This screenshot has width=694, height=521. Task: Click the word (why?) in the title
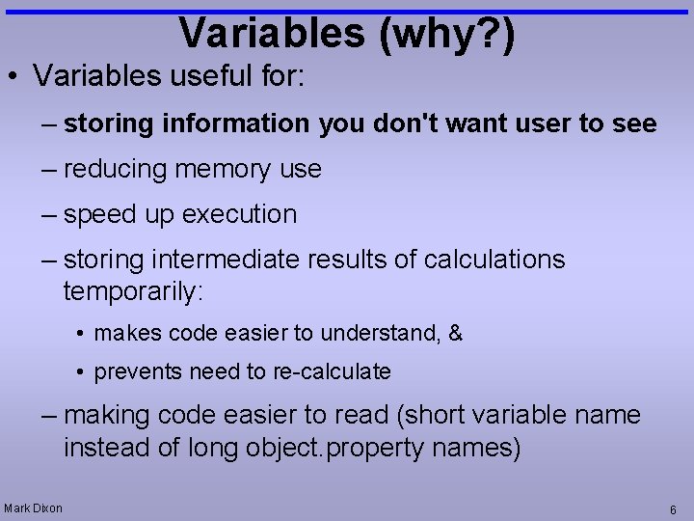(447, 33)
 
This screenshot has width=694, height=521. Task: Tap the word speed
(99, 214)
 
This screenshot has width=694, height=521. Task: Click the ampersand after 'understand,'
(456, 334)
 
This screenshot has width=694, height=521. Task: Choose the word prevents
(132, 371)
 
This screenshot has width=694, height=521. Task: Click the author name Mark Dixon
(33, 507)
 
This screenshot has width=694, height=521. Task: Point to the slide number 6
(673, 508)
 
